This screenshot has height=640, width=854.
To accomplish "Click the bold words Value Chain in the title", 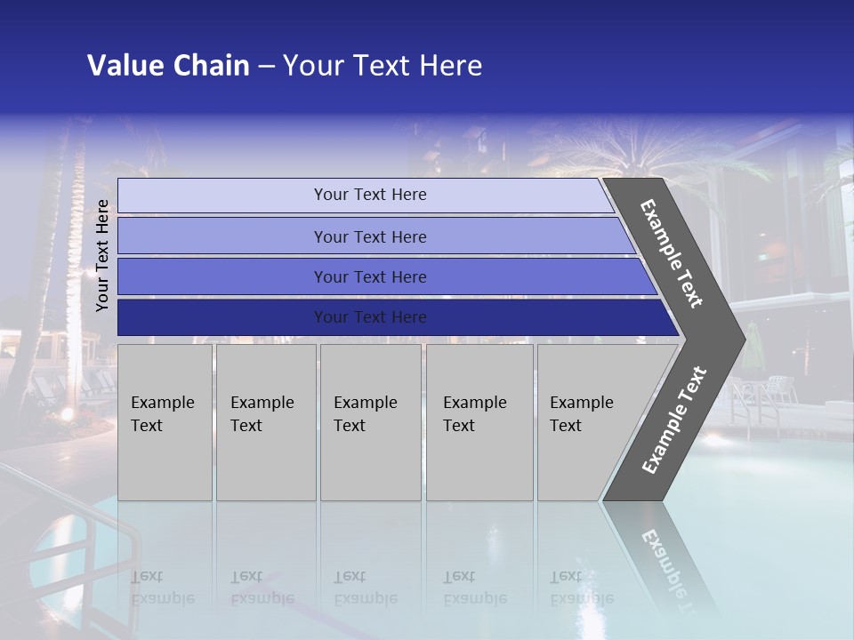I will (168, 66).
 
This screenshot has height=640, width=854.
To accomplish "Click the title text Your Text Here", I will (383, 66).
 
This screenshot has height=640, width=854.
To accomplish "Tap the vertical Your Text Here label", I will (102, 255).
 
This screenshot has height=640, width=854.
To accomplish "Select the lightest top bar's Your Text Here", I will (370, 195).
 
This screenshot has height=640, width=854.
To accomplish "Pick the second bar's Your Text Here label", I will (370, 237).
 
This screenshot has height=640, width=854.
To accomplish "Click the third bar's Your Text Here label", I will (370, 277).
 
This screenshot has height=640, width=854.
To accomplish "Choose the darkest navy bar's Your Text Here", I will (370, 317).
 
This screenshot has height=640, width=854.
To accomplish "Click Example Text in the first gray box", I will (162, 414).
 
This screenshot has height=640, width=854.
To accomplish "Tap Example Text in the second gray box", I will (262, 414).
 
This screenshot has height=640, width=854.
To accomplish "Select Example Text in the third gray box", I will (365, 414).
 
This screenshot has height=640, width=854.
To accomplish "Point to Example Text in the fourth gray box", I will (474, 414).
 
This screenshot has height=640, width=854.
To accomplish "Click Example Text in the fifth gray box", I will (581, 414).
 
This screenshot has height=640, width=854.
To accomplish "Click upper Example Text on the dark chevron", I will (672, 253).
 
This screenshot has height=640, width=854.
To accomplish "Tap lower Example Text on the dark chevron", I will (674, 420).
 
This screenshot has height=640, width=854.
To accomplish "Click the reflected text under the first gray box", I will (162, 588).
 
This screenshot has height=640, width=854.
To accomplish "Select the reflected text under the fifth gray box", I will (581, 588).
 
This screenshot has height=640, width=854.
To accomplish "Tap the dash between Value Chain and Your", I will (265, 67).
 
